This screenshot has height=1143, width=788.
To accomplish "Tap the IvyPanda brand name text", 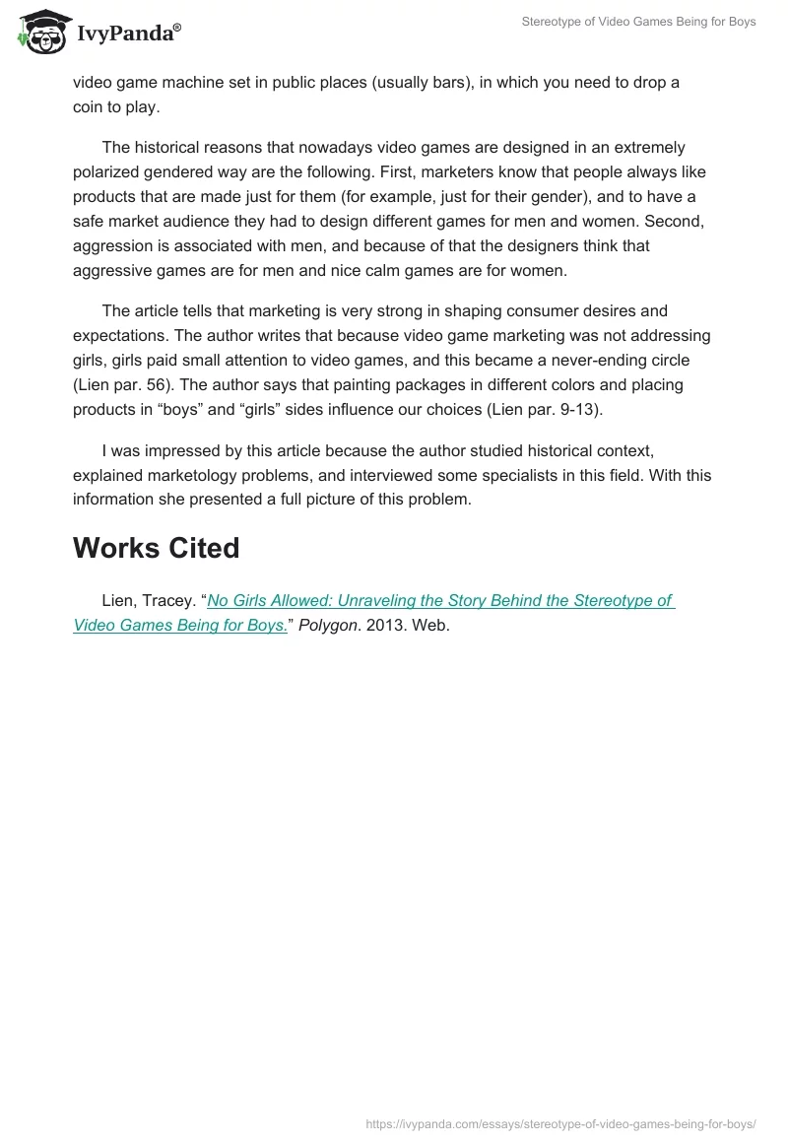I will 128,34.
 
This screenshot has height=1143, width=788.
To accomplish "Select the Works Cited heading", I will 156,548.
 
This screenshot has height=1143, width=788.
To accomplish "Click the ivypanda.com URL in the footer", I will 560,1123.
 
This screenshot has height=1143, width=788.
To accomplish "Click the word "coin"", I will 91,106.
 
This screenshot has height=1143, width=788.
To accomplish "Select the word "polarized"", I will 111,171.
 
